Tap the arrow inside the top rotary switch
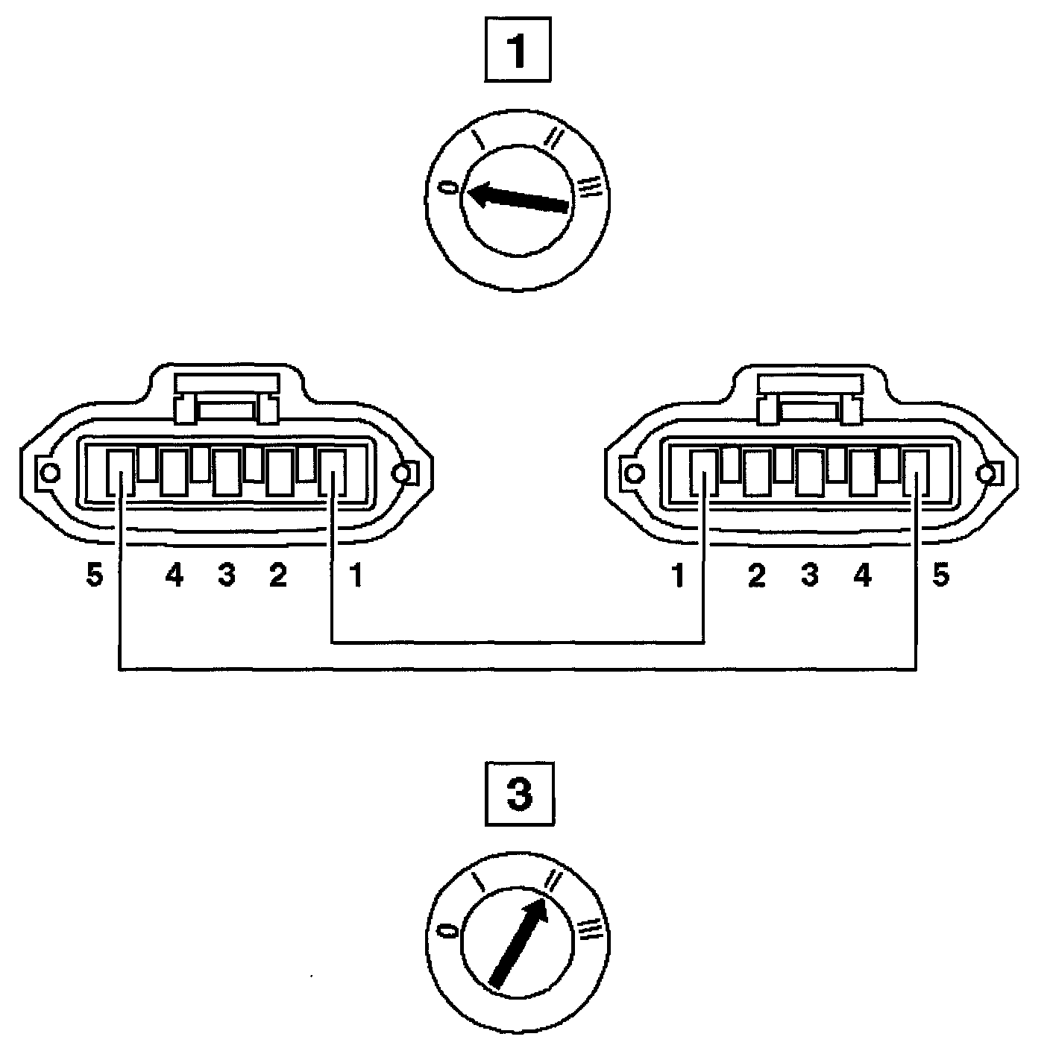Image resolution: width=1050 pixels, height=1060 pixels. (x=519, y=198)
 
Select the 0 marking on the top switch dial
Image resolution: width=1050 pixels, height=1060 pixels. (x=448, y=186)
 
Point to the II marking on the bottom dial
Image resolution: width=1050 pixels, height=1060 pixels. (x=553, y=880)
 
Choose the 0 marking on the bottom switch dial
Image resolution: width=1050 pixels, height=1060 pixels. (x=448, y=931)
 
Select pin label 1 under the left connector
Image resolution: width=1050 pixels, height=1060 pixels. (x=356, y=576)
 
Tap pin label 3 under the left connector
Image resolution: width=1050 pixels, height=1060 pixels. (x=227, y=576)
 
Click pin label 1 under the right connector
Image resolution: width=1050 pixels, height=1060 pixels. (x=679, y=576)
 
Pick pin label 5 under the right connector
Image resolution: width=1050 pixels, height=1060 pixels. (x=941, y=576)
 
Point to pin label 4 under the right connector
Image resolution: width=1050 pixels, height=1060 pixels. (x=862, y=576)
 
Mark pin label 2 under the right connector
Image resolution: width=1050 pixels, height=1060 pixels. (x=757, y=576)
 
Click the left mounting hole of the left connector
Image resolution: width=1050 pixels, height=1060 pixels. (x=50, y=473)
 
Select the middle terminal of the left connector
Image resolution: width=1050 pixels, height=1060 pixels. (x=227, y=471)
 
